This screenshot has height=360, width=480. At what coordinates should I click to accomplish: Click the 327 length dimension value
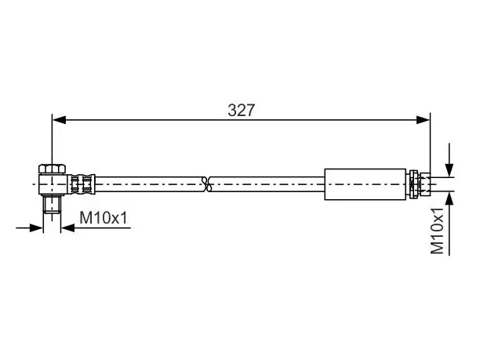click(242, 111)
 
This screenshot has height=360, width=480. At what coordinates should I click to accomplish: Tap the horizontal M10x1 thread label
click(104, 218)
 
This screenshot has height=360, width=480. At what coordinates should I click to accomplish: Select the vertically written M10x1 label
click(437, 231)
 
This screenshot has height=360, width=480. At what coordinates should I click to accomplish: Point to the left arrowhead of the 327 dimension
click(59, 120)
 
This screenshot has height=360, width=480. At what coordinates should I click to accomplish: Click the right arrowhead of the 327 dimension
click(423, 120)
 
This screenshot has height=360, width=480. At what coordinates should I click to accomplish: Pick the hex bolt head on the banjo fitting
click(52, 169)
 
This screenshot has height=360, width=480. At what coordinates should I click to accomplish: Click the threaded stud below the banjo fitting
click(52, 204)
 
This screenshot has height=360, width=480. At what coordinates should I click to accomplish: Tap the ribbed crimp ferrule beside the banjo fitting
click(81, 184)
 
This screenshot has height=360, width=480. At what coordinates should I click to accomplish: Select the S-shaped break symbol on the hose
click(207, 184)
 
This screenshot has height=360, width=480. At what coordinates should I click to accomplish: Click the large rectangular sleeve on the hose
click(365, 184)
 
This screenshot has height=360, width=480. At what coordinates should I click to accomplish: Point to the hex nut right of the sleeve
click(413, 184)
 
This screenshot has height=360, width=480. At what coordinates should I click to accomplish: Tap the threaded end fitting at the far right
click(425, 184)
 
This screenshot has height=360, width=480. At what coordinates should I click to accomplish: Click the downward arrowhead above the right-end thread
click(449, 170)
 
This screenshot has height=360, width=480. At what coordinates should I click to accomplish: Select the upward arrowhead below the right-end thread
click(449, 198)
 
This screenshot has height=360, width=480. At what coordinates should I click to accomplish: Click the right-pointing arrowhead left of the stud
click(36, 227)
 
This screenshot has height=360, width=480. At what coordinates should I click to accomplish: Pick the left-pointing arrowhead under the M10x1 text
click(67, 227)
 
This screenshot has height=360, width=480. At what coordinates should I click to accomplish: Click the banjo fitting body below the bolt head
click(53, 184)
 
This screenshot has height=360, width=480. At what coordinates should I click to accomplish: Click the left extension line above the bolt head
click(53, 140)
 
